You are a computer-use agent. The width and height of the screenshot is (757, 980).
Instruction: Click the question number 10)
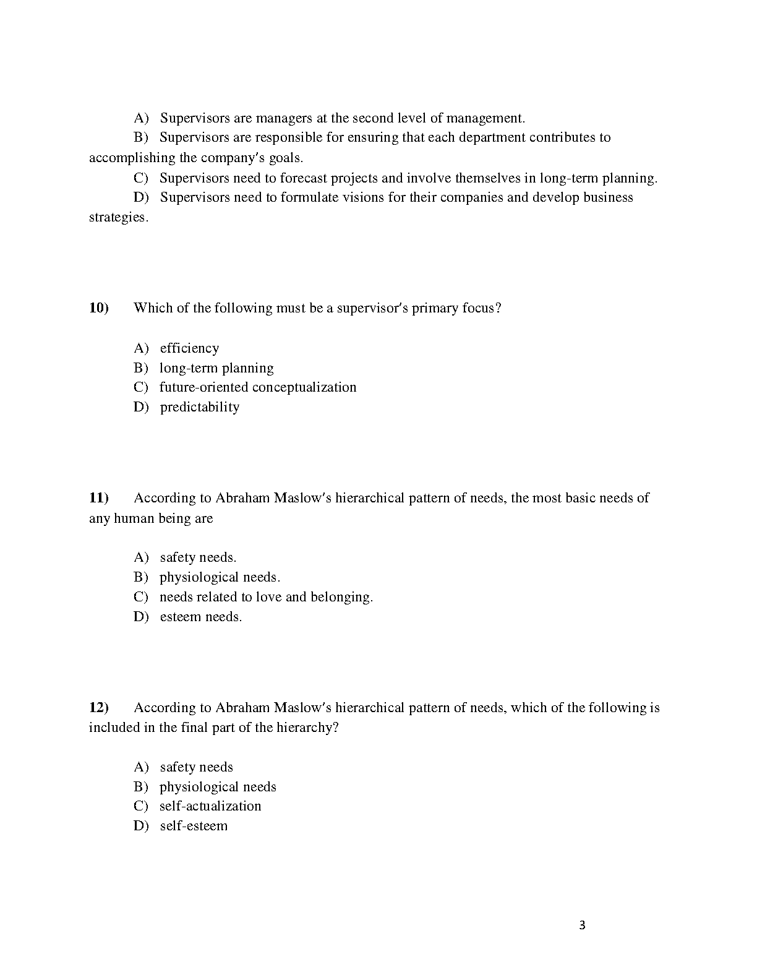point(99,308)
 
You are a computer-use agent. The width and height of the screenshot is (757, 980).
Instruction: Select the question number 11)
point(99,498)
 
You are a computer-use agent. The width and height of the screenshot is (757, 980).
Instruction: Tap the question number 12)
point(99,708)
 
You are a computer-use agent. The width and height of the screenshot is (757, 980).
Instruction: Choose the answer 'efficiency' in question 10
point(189,348)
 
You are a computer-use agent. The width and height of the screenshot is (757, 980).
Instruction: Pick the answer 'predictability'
point(199,407)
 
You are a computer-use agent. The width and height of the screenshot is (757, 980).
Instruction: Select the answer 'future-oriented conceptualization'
point(258,387)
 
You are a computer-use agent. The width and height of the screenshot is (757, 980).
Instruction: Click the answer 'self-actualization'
point(210,806)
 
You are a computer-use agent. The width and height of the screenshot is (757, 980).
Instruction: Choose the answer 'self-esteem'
point(194,826)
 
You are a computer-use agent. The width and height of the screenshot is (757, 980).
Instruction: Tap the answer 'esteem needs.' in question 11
point(200,617)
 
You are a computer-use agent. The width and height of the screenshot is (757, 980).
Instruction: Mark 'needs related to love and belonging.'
point(266,597)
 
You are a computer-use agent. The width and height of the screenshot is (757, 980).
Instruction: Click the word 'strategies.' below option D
point(119,218)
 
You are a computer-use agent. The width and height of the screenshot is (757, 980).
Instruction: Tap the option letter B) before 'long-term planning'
point(141,368)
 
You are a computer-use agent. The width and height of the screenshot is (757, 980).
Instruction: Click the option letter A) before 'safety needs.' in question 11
point(142,557)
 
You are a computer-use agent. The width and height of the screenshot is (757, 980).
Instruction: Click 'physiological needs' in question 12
point(218,787)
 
